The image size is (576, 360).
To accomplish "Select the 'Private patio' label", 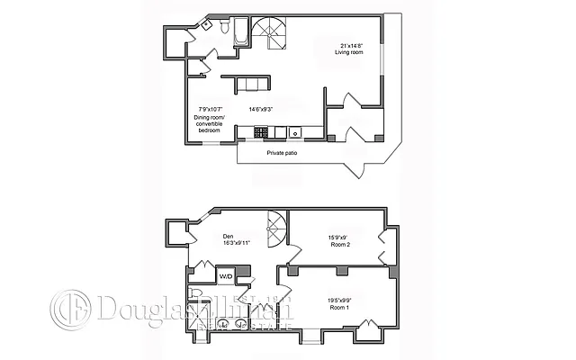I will (x=282, y=153).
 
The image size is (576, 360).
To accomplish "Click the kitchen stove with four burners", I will (x=261, y=132).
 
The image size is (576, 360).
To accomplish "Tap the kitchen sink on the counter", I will (x=294, y=133).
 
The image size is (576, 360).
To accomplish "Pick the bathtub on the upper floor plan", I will (x=241, y=35).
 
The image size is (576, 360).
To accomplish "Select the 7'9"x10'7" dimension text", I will (x=207, y=109).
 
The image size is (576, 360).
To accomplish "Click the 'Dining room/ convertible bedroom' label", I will (x=209, y=124).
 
